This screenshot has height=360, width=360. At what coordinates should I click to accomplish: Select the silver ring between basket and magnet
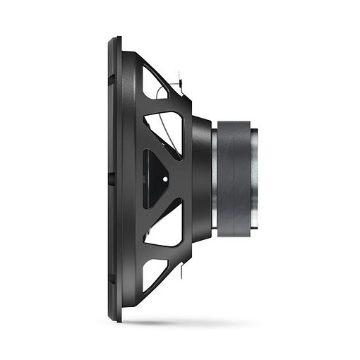point(213,178)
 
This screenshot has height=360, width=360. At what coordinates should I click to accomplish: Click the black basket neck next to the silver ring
point(202,178)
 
